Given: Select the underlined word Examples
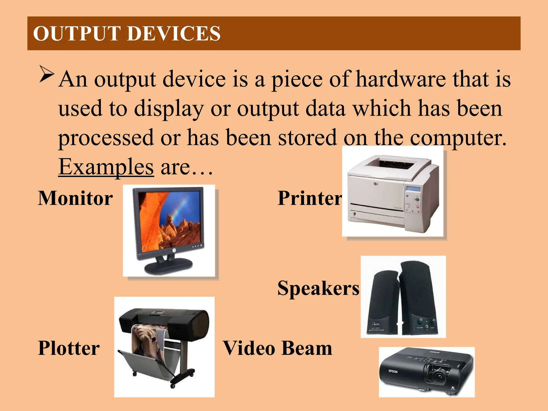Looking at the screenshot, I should coord(106,167).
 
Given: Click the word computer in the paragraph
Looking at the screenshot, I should coord(458,138).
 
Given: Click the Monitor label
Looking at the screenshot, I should coord(75,198).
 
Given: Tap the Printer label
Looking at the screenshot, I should coord(310,198).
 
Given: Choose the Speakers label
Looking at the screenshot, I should coord(318,288).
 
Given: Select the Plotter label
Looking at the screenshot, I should coord(69,348).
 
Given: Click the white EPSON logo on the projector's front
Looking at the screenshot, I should coord(393,371).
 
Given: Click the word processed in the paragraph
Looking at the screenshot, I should coord(106,138).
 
